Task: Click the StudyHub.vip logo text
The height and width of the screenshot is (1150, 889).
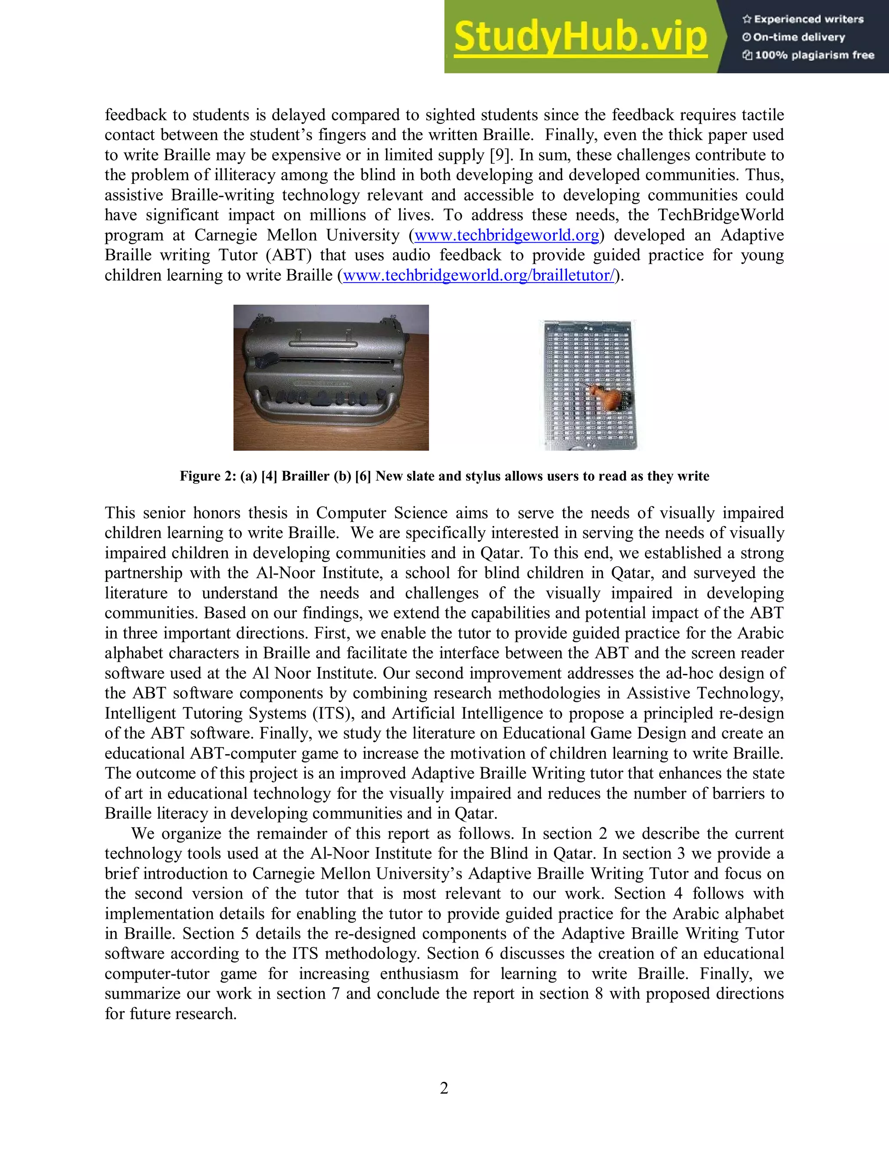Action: [580, 37]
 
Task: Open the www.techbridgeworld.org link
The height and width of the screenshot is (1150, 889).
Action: [507, 235]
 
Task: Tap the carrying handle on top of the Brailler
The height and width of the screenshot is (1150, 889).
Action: [323, 343]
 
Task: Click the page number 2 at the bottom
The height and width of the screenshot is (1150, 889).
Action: [444, 1088]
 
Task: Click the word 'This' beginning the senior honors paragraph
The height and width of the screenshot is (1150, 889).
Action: [120, 513]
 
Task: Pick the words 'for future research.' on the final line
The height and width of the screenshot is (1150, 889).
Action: [171, 1013]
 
